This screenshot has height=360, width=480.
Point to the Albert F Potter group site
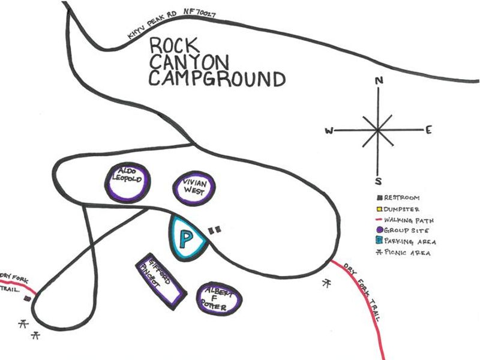coord(219,298)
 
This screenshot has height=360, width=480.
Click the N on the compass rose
coord(378,81)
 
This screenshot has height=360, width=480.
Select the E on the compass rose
coord(428,130)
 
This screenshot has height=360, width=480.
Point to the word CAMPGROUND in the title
coord(217,80)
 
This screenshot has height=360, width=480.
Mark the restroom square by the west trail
coord(26,298)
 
